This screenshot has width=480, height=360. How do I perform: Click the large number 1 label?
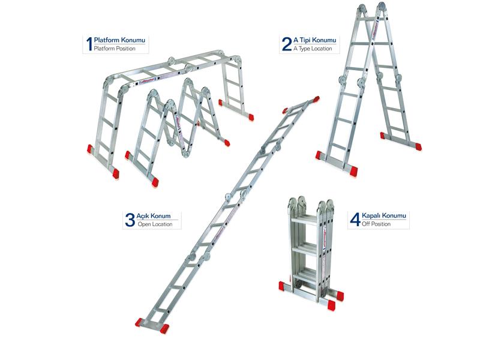click(89, 44)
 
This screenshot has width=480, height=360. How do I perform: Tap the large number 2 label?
click(287, 44)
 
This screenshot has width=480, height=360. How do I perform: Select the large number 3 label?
click(130, 220)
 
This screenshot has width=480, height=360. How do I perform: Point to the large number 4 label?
click(355, 220)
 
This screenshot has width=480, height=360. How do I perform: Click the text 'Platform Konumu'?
click(119, 40)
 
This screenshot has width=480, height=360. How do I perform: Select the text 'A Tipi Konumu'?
click(314, 40)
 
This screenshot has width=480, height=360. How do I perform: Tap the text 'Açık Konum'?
click(154, 216)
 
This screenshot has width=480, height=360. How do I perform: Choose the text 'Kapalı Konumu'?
click(384, 215)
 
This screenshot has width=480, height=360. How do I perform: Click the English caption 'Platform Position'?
click(115, 49)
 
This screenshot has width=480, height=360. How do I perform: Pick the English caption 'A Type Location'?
click(313, 49)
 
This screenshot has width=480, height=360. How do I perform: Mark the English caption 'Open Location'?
click(155, 224)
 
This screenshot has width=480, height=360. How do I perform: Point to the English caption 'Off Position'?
click(376, 224)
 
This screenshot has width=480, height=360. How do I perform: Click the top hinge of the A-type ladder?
click(371, 8)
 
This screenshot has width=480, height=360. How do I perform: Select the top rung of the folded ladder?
click(304, 220)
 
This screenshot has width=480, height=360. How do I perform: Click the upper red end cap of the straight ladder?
click(316, 100)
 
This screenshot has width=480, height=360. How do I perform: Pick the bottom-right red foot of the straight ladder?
click(164, 328)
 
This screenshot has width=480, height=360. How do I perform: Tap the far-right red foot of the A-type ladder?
click(417, 146)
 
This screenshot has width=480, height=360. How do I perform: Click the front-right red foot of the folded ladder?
click(331, 305)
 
